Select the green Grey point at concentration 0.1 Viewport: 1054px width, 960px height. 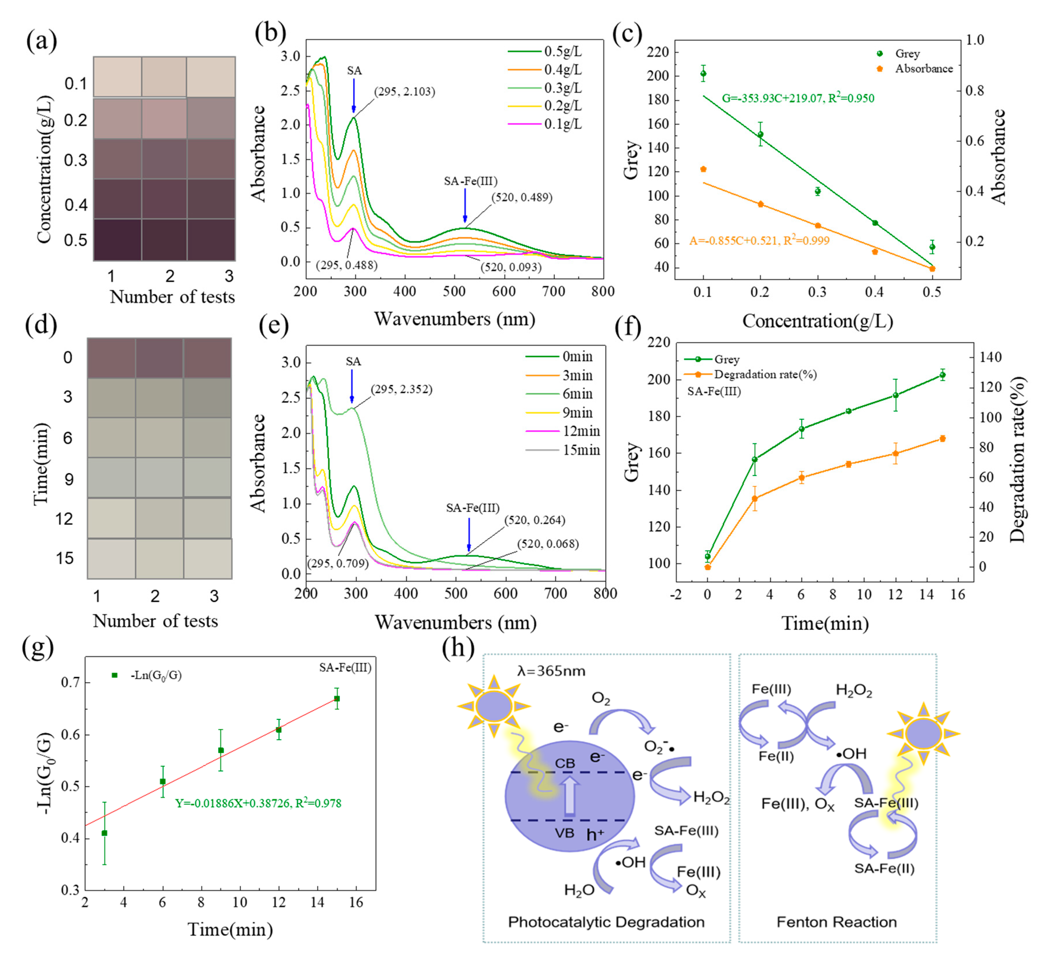coord(703,74)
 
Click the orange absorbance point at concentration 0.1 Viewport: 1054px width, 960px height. coord(703,169)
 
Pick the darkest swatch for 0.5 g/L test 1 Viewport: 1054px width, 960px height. coord(117,239)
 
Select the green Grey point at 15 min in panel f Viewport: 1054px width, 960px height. coord(942,375)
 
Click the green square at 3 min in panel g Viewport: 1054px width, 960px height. coord(105,833)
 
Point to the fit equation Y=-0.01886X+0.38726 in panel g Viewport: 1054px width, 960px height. coord(258,803)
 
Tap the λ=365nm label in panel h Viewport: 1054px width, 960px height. coord(551,671)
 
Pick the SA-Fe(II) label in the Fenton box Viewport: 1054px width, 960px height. coord(884,868)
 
